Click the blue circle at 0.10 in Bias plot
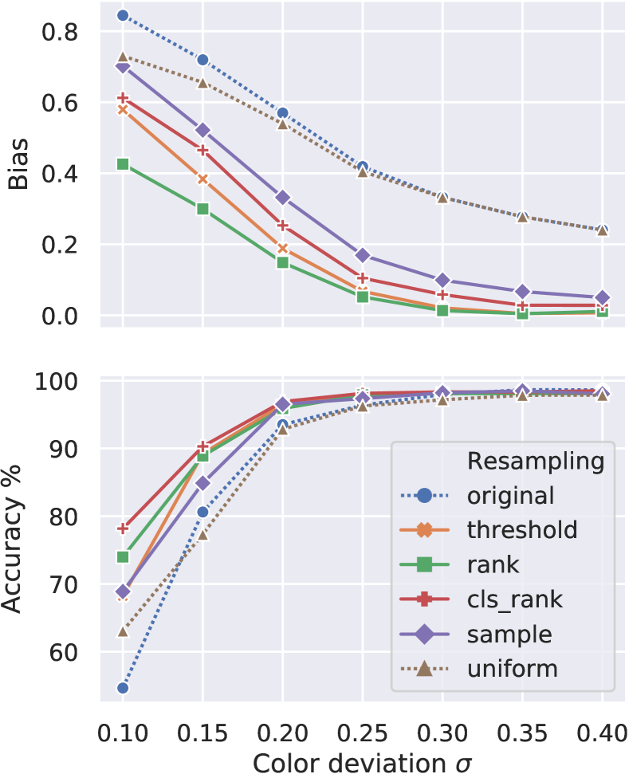[x=123, y=15]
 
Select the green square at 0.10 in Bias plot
[x=123, y=164]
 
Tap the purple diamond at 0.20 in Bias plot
[x=282, y=197]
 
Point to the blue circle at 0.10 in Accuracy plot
[x=123, y=688]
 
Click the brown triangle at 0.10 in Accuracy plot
[x=123, y=631]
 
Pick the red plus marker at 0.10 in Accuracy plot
[x=123, y=528]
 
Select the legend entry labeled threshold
[x=521, y=529]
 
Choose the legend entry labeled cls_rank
[x=516, y=599]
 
